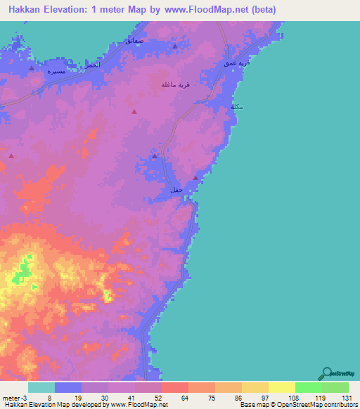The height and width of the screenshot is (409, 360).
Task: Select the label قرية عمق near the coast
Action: point(238,64)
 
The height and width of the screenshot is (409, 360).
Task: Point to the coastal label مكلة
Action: point(237,107)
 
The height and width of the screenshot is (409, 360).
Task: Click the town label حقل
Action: point(176,190)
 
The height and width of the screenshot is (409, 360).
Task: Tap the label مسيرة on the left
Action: point(56,72)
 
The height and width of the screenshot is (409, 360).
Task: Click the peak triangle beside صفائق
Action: point(174,46)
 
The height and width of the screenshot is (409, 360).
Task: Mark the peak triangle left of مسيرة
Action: point(32,69)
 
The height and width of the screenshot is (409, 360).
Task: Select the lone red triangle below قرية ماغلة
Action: point(134,111)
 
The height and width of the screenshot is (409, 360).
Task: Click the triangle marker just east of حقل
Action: point(195,178)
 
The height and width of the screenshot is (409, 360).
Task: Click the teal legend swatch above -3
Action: point(41,387)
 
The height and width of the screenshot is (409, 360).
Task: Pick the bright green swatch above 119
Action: point(308,387)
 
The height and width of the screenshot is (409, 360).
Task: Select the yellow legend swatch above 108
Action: point(281,387)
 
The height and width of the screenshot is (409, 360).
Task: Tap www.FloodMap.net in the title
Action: point(213,10)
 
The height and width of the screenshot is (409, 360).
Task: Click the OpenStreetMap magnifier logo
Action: point(326,374)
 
